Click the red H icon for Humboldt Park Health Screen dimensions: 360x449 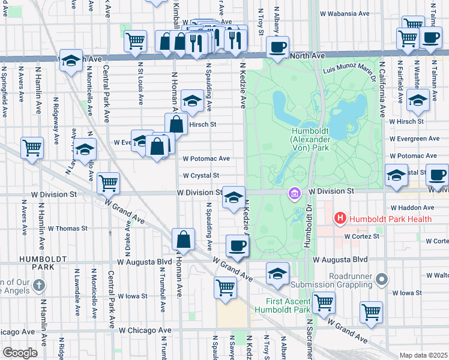click(340, 219)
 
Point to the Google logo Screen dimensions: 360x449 click(20, 353)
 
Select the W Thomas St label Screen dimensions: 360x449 click(67, 229)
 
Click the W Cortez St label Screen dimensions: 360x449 click(362, 236)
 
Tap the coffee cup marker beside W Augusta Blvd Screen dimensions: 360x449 click(237, 246)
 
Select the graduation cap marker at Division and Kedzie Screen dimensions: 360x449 click(233, 198)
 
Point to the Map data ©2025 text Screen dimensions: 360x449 click(423, 355)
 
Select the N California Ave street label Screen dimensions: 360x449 click(381, 91)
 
